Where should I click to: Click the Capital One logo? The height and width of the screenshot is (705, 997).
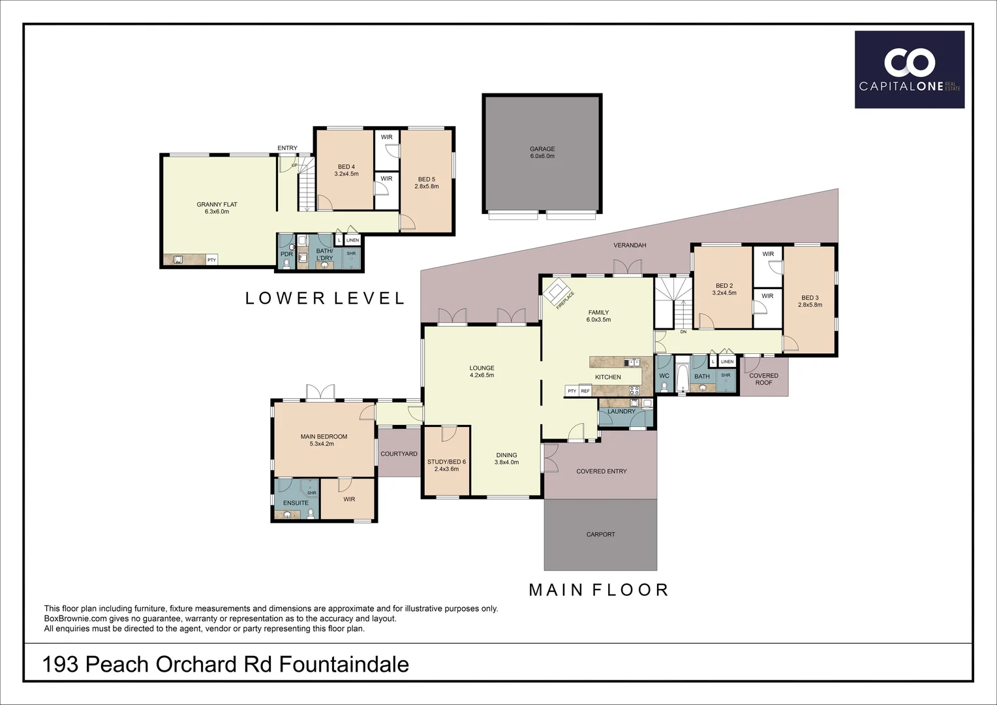(x=910, y=70)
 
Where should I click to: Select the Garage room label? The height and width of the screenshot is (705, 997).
(x=542, y=149)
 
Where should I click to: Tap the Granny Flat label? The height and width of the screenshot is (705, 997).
(x=217, y=205)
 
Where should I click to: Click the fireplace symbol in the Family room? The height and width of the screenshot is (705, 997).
(x=557, y=291)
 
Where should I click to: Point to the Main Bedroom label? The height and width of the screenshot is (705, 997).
(x=324, y=437)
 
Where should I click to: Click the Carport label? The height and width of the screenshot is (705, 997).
(x=600, y=535)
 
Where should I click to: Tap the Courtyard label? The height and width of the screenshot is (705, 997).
(x=399, y=454)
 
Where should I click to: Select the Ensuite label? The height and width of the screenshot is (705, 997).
(x=296, y=503)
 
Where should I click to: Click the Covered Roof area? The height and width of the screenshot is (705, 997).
(x=763, y=379)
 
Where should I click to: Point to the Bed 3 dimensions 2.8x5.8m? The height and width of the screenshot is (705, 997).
(x=810, y=305)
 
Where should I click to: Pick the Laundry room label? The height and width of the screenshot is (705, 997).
(x=621, y=412)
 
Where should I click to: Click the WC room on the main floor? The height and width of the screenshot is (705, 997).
(x=664, y=377)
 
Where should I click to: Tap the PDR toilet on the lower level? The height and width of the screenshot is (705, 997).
(x=286, y=263)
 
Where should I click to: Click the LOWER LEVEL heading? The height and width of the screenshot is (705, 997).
(x=325, y=298)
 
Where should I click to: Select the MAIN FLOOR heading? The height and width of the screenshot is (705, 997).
(x=598, y=590)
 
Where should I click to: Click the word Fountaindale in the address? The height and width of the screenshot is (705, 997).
(x=344, y=665)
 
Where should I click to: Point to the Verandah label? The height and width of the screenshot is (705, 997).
(x=630, y=245)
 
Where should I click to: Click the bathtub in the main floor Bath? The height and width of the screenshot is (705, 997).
(x=682, y=377)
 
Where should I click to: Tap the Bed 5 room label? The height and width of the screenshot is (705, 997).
(x=426, y=180)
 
